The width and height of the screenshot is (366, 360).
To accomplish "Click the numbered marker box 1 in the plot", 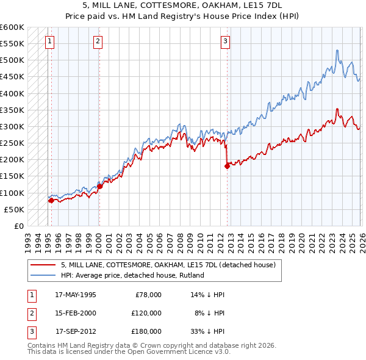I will click(x=49, y=41).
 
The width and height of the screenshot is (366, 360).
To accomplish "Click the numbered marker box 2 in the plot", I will click(x=98, y=41).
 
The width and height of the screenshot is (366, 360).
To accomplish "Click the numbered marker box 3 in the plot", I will click(x=225, y=41).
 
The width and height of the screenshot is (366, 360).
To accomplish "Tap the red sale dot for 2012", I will click(x=227, y=165).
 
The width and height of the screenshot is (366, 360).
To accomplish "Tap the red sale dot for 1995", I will click(x=51, y=200).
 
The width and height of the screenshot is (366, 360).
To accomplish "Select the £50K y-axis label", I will click(x=15, y=209).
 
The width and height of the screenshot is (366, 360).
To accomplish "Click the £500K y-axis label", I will click(x=13, y=60).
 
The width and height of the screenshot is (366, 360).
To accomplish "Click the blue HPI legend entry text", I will click(x=132, y=275).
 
